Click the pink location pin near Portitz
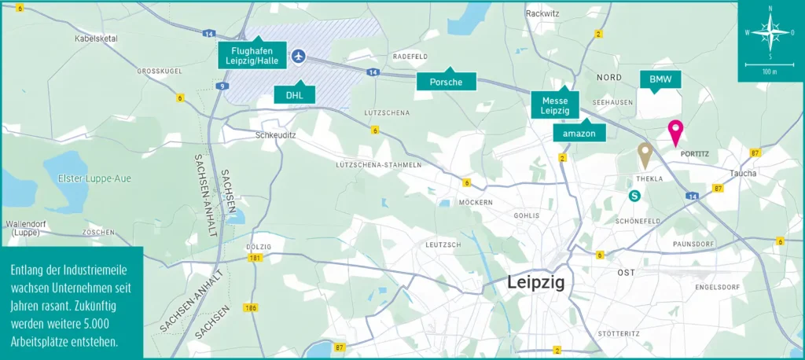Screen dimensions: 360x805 point(675,131)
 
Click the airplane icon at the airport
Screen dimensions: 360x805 point(298,56)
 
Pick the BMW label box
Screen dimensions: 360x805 point(660,80)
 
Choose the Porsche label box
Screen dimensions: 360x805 point(446,81)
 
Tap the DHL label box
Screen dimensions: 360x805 point(295,94)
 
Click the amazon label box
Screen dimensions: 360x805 point(579,134)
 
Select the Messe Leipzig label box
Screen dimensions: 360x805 point(554,105)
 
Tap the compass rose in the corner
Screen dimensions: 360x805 point(770,32)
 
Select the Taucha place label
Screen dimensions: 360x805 point(743,173)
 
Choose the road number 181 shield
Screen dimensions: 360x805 point(254,258)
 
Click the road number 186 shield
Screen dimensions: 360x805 point(251,307)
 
